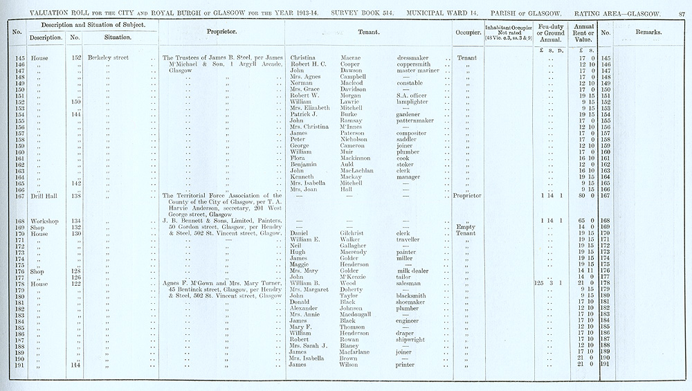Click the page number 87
point(681,6)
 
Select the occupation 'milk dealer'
point(415,271)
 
